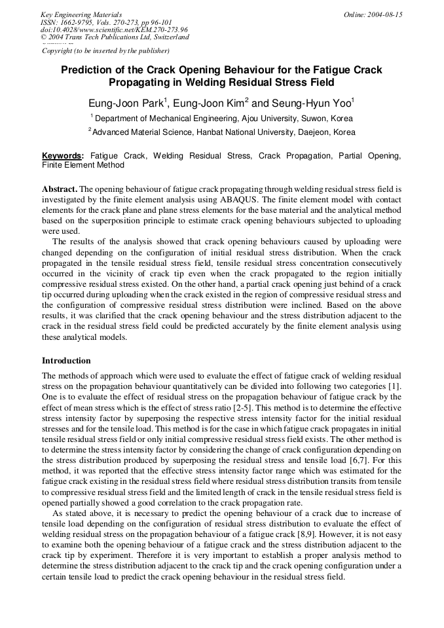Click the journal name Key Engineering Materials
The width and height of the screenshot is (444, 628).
click(x=81, y=14)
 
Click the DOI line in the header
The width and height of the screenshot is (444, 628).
click(x=114, y=29)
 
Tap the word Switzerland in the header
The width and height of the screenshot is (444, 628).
click(x=167, y=37)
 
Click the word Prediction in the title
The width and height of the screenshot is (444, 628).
click(x=86, y=70)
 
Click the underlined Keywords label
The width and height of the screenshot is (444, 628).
click(x=62, y=156)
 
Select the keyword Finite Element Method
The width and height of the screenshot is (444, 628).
click(x=83, y=165)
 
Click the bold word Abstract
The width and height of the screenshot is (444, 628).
click(x=60, y=189)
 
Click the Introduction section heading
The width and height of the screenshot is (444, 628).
click(x=66, y=361)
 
